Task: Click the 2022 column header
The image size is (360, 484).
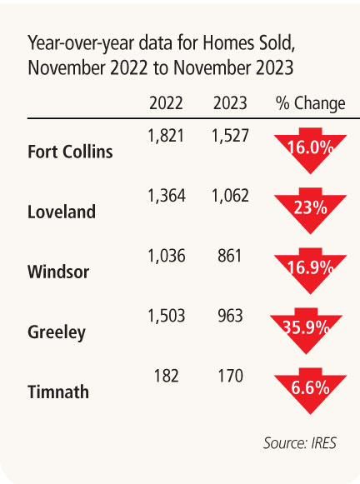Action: point(166,103)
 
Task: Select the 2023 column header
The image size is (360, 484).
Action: point(230,103)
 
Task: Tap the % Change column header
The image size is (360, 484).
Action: point(310,103)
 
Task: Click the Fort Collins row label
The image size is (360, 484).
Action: point(70,152)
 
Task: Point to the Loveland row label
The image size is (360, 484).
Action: point(62,212)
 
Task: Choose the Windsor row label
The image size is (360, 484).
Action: point(58,272)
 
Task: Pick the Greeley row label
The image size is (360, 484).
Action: point(57,332)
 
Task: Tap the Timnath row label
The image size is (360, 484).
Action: point(58,392)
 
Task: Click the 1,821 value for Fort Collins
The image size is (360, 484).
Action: point(166,136)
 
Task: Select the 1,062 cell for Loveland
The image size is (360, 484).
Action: point(230,196)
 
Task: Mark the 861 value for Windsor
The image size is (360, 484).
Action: point(229,256)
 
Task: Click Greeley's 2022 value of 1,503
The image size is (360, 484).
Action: point(167,316)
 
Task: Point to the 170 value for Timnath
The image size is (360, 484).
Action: point(230,376)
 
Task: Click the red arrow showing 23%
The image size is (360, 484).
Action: point(310,210)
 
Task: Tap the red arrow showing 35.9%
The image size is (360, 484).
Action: point(306,330)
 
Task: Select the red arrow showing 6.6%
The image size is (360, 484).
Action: point(310,390)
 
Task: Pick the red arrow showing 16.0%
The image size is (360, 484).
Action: point(310,150)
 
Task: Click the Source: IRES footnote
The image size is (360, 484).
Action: point(300,443)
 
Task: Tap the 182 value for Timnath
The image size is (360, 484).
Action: point(166,376)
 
